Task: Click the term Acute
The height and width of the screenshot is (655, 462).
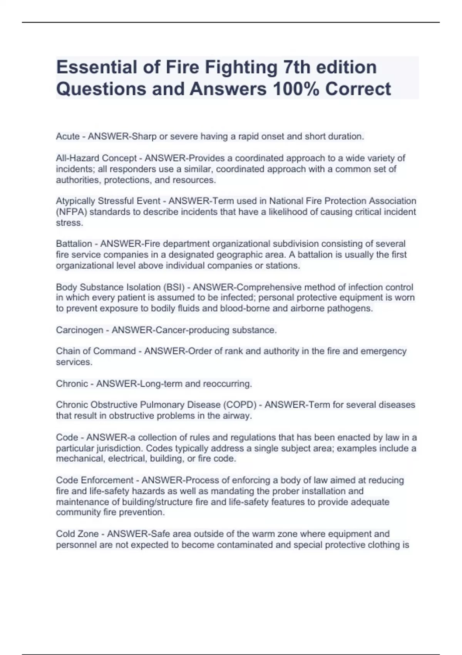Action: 68,136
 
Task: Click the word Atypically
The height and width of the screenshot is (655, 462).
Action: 75,201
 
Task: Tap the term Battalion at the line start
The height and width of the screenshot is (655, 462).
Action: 74,244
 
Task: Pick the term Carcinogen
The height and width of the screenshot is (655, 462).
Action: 80,330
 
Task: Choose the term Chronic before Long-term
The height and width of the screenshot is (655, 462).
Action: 72,384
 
